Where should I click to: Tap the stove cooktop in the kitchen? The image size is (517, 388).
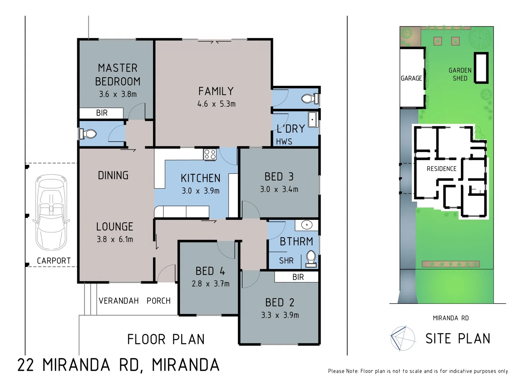tap(210, 154)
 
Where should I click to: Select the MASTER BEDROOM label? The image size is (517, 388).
tap(117, 74)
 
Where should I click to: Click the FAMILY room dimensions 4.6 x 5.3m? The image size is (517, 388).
tap(216, 104)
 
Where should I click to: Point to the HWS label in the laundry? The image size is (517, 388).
tap(284, 142)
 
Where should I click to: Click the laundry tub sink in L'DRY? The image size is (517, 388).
tap(313, 119)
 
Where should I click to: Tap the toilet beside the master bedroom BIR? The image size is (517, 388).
tap(88, 134)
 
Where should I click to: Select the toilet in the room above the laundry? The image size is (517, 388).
tap(310, 98)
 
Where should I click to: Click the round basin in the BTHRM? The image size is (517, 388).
tap(307, 225)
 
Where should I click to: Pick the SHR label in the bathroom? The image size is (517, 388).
tap(286, 260)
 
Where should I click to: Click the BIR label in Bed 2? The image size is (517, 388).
tap(298, 277)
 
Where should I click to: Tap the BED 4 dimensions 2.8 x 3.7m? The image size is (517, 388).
tap(210, 284)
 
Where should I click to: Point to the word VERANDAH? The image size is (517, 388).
tap(118, 301)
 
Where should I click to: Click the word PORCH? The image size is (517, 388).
tap(158, 301)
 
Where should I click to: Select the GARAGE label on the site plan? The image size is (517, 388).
tap(411, 78)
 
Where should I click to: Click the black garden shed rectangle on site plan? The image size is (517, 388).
tap(481, 68)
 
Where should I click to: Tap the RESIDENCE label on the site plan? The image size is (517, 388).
tap(441, 169)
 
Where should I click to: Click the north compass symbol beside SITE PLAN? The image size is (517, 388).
tap(402, 338)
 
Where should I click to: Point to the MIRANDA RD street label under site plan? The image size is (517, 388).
tap(451, 318)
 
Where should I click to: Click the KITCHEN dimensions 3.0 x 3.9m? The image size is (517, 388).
tap(200, 191)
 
